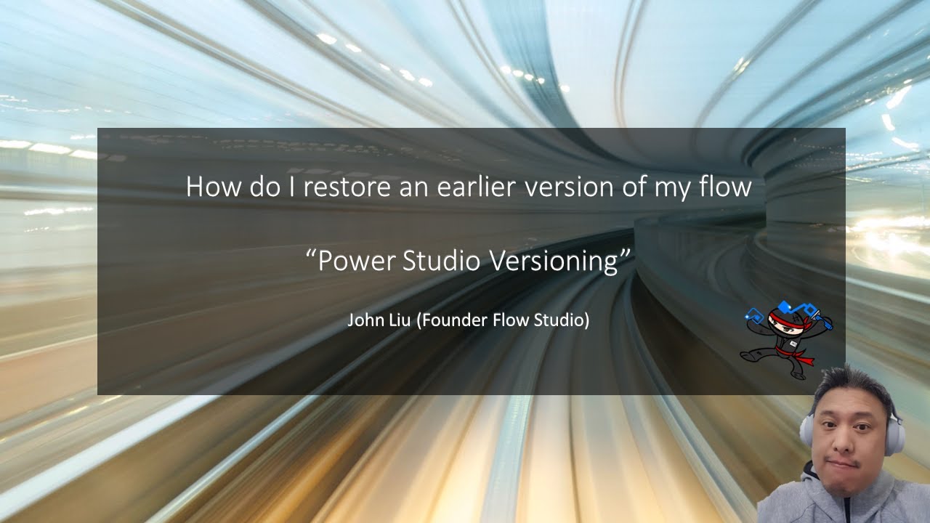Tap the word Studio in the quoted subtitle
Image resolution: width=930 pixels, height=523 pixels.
[x=442, y=261]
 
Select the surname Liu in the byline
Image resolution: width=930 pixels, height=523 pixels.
[x=399, y=320]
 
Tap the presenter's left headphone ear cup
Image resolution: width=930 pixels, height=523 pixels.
[x=806, y=433]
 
